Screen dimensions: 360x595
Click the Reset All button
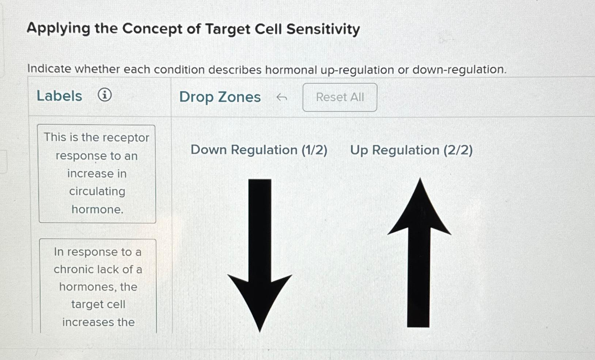point(340,97)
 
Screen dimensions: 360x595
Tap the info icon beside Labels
point(105,95)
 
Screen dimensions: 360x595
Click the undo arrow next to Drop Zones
point(281,97)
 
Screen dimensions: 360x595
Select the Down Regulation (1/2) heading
point(259,150)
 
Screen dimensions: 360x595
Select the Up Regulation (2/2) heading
point(411,150)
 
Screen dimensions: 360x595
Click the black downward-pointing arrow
point(260,256)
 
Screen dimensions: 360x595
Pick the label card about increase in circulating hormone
point(97,174)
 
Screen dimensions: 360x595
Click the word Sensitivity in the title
point(323,29)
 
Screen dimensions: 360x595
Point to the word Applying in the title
point(58,29)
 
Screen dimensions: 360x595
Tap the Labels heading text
point(59,96)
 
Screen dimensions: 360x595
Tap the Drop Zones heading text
point(220,97)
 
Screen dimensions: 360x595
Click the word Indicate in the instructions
point(49,69)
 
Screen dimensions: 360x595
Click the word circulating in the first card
point(97,191)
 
